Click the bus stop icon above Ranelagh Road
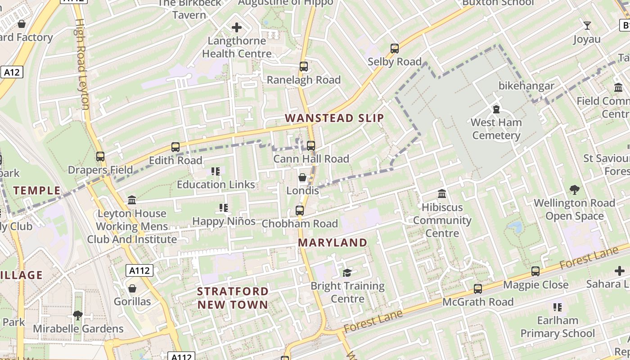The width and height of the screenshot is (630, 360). [x=304, y=67]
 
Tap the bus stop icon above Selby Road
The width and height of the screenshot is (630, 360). [x=395, y=49]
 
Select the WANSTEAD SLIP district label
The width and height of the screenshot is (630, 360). [x=334, y=118]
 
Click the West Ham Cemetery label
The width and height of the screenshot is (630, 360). [x=496, y=129]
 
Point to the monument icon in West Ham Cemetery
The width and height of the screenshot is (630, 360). [x=496, y=109]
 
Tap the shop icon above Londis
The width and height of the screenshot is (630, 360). [x=302, y=177]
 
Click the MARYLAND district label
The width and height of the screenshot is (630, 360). [x=333, y=243]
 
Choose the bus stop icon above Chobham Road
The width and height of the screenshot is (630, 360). [x=300, y=210]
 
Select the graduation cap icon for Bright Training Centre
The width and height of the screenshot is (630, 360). [x=347, y=273]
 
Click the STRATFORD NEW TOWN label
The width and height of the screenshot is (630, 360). [x=233, y=298]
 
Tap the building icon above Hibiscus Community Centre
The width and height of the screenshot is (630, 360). [x=442, y=194]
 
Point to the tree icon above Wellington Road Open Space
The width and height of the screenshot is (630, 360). [x=574, y=189]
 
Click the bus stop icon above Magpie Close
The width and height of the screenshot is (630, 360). [x=535, y=271]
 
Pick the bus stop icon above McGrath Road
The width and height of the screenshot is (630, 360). [x=478, y=288]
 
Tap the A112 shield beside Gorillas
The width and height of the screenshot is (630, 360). [x=139, y=270]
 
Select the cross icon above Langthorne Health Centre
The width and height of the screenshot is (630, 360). [x=237, y=28]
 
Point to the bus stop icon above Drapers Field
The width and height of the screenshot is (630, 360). [x=100, y=157]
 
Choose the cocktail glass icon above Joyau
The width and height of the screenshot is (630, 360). [x=587, y=26]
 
